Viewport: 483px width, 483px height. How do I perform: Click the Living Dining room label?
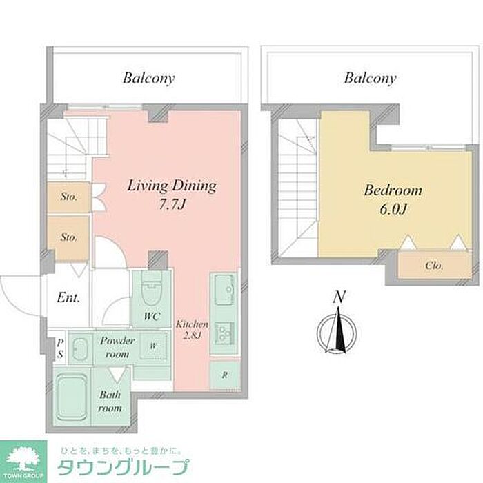172,186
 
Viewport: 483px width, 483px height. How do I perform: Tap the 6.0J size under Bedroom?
393,210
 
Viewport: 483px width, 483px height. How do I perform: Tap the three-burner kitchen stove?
225,333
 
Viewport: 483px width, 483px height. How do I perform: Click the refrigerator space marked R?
225,375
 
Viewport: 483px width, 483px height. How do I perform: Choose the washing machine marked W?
153,346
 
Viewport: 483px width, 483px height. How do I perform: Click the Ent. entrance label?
68,297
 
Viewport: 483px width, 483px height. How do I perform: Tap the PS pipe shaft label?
61,348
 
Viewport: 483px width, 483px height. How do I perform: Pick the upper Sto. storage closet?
69,197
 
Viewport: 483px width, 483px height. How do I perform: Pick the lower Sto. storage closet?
68,238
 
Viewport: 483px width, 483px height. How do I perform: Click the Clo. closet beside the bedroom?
434,265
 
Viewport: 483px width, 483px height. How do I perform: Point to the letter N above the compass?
339,297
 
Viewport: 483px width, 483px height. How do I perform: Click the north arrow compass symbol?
337,333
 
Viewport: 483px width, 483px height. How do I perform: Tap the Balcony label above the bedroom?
370,78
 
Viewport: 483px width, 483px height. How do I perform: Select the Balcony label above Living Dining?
149,78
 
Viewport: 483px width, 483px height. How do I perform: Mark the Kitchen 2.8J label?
192,330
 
